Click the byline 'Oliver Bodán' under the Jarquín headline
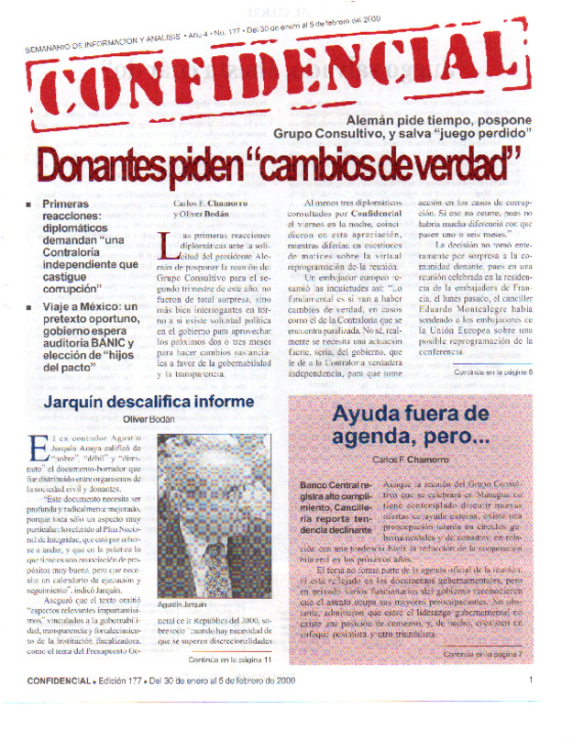149,419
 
